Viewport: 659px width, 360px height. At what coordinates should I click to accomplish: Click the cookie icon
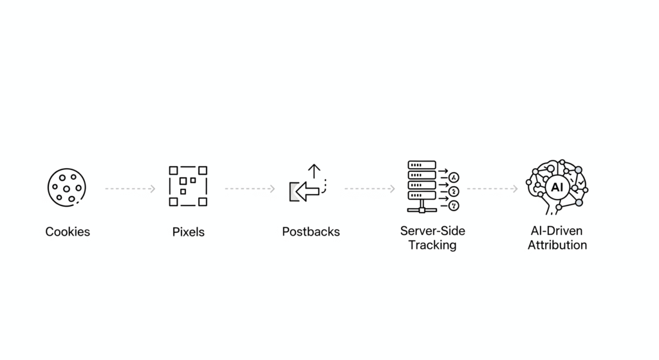point(67,187)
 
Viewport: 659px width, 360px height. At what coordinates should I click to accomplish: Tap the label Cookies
point(68,232)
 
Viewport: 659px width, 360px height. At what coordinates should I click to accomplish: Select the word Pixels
point(188,232)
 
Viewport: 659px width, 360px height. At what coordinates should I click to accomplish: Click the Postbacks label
point(311,232)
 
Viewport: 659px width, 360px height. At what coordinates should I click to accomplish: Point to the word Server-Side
point(432,231)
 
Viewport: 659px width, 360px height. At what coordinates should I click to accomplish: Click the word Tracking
point(432,245)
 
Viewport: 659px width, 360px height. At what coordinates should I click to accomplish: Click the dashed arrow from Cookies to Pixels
point(130,189)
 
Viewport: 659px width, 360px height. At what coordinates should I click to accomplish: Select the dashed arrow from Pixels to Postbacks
point(250,189)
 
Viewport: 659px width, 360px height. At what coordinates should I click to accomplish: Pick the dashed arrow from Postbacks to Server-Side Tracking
point(369,189)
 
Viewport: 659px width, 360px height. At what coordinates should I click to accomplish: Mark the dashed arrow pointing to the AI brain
point(492,189)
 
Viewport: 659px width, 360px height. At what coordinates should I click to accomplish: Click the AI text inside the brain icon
point(557,187)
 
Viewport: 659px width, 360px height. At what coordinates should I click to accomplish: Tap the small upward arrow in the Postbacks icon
point(313,171)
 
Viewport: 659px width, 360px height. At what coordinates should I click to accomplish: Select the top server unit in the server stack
point(422,165)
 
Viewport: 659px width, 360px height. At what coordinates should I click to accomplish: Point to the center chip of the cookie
point(66,189)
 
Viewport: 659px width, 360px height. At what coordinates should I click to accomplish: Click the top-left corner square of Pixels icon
point(173,170)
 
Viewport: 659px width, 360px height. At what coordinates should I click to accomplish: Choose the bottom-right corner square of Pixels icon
point(203,202)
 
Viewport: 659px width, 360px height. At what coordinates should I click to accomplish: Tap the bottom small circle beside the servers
point(454,206)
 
